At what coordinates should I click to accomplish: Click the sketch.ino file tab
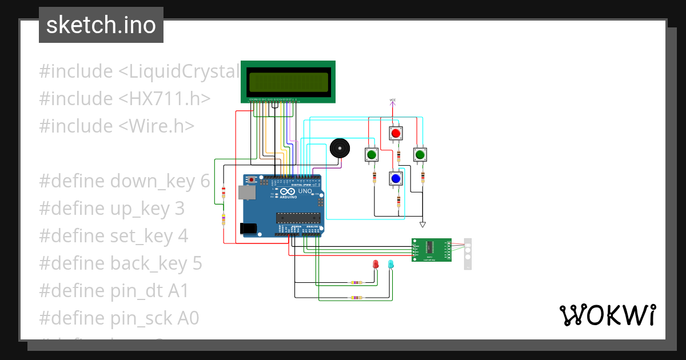101,25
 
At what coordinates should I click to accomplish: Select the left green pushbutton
372,155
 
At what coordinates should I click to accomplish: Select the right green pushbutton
420,155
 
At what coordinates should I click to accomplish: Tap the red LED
376,265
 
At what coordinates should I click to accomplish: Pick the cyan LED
391,265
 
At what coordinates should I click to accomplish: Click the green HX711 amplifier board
431,250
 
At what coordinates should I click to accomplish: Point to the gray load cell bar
468,254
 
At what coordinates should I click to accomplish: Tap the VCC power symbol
393,101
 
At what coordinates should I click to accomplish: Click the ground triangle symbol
422,224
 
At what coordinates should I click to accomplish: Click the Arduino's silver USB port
246,193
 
